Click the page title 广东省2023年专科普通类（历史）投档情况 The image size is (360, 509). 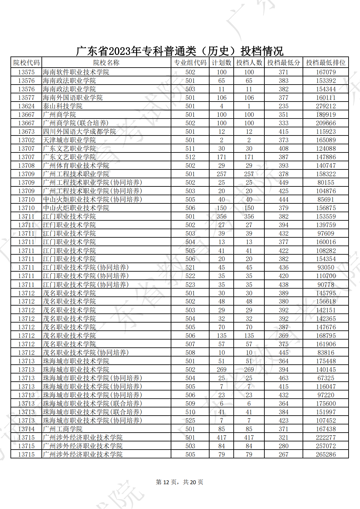tap(180, 51)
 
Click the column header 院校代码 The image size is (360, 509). tap(26, 63)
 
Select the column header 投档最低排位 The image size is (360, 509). tap(325, 63)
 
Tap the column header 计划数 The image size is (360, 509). tap(221, 63)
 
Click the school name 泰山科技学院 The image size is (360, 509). tap(63, 106)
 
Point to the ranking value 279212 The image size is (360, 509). tap(325, 106)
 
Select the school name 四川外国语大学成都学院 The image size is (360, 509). tap(79, 132)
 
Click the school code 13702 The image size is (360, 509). tap(26, 140)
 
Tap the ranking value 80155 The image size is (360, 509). tap(325, 183)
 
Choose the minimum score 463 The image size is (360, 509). tap(283, 378)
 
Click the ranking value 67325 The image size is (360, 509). tap(325, 378)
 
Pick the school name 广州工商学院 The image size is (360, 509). tap(63, 429)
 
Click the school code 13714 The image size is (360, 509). tap(26, 429)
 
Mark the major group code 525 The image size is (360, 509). tap(190, 421)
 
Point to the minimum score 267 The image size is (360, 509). tap(283, 454)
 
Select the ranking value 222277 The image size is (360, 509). tap(325, 437)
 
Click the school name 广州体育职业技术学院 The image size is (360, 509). tap(76, 166)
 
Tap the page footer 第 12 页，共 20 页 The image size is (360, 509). tap(180, 482)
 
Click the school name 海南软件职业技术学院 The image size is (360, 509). tap(76, 72)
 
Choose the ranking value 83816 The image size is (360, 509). tap(325, 353)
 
